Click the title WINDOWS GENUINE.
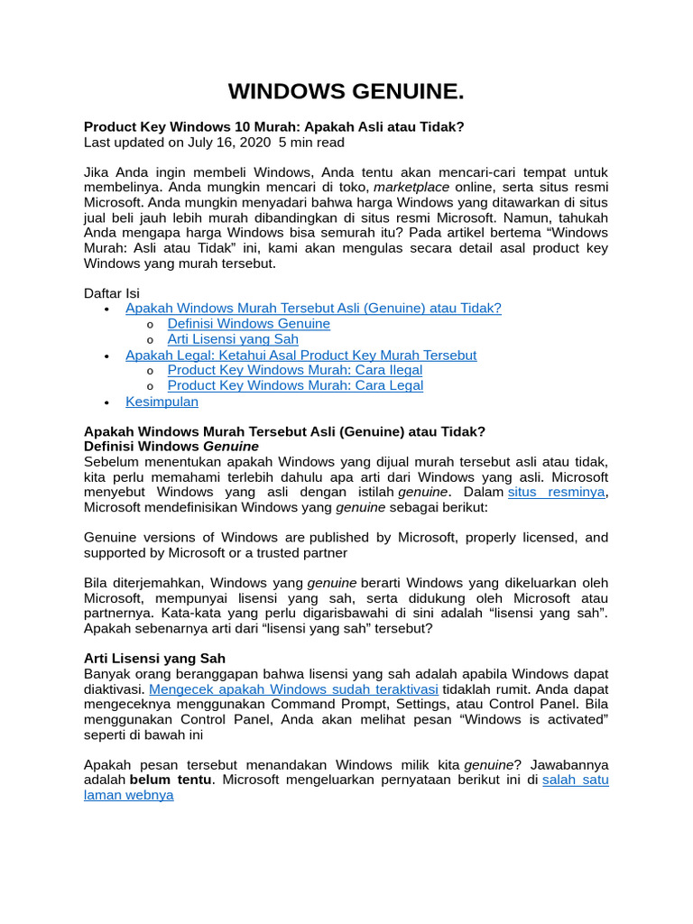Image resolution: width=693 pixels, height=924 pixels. coord(346,91)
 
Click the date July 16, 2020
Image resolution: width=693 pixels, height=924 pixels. coord(229,143)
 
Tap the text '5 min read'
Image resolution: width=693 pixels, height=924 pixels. coord(311,143)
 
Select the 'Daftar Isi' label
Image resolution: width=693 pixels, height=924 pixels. coord(112,293)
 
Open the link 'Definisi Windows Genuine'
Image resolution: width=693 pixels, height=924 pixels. coord(248,324)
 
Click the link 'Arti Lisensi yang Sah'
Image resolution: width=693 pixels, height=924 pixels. coord(233,339)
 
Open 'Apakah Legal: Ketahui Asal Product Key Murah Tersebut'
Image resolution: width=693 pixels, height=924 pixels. coord(300,355)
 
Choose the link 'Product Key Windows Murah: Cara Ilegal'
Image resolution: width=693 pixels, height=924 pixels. coord(294,370)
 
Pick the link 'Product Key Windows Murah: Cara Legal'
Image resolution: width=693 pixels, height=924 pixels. coord(295,385)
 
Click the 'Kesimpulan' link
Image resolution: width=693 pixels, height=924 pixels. coord(162,402)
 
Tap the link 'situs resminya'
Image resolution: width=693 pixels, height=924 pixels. coord(556,492)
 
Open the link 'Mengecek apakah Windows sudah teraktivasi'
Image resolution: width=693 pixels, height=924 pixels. coord(293,689)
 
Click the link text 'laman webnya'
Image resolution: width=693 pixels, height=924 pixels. coord(128,795)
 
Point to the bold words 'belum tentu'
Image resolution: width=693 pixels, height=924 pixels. coord(171,780)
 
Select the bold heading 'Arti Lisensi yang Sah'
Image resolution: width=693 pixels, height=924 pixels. coord(154,659)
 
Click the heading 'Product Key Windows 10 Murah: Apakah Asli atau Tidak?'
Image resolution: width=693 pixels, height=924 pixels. coord(273,127)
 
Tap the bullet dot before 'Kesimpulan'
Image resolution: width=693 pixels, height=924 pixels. coord(106,402)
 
